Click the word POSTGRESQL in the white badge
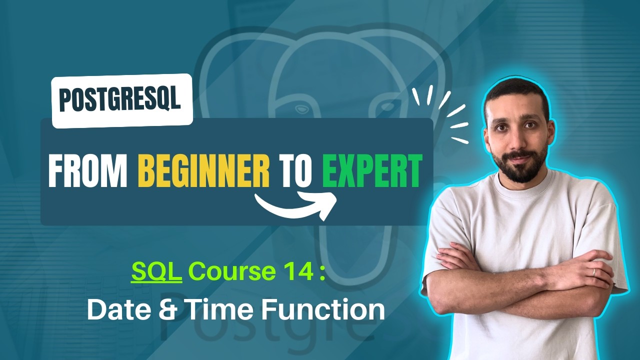120,100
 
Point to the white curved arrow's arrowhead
327,202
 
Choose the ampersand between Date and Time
166,309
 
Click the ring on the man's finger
593,271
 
